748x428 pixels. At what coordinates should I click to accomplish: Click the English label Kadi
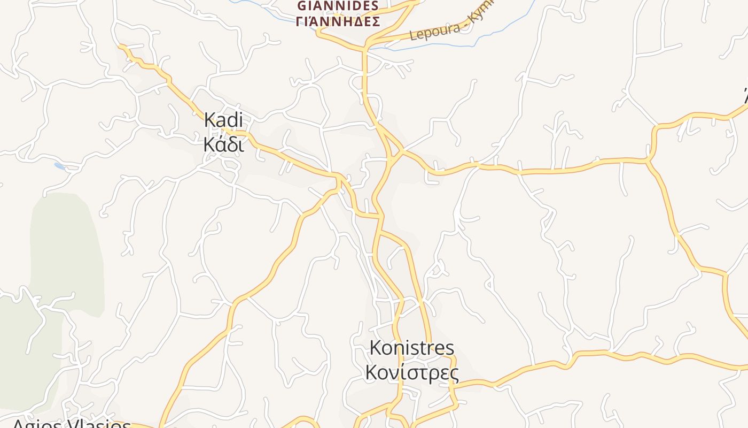point(223,120)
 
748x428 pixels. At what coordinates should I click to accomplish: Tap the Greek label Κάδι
point(223,144)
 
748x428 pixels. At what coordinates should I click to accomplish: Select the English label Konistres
point(411,348)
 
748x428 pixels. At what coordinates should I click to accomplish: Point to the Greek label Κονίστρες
point(411,372)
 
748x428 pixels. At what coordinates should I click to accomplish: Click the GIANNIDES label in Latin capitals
point(338,6)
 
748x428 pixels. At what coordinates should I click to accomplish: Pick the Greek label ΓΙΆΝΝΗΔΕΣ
point(338,22)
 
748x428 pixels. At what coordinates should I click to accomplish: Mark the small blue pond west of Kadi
point(59,166)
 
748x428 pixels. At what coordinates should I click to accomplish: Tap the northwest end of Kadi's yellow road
point(120,46)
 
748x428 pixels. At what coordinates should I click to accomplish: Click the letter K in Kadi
point(209,120)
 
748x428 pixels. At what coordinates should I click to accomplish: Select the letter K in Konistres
point(376,348)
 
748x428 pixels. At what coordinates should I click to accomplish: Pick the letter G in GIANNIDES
point(302,6)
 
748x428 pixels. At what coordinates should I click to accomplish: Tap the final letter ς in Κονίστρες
point(454,373)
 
